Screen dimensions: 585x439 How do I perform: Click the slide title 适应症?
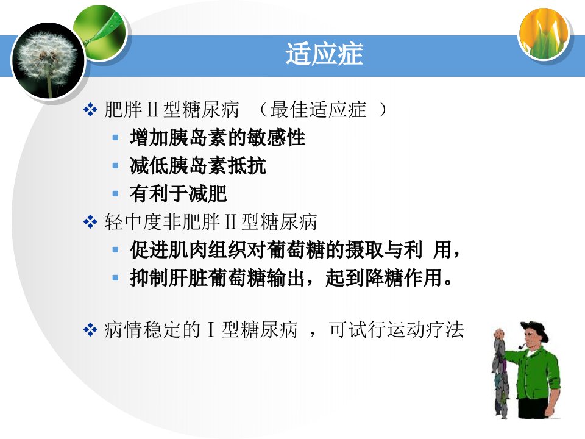pos(324,54)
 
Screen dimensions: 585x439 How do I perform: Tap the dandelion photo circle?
pos(49,61)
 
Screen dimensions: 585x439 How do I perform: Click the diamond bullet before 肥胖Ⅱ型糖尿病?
pos(90,110)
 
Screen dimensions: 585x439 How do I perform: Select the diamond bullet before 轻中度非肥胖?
pos(90,222)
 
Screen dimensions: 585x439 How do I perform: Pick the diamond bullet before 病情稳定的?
pos(90,330)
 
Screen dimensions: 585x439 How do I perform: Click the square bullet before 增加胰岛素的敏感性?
pos(116,138)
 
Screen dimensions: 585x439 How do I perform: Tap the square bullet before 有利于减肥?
pos(116,193)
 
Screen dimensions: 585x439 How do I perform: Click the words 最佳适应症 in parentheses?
pos(318,110)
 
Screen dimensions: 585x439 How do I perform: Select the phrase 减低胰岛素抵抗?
pos(197,165)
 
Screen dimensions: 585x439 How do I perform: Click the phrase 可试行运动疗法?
pos(396,330)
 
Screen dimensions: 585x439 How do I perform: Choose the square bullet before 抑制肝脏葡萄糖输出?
pos(116,277)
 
